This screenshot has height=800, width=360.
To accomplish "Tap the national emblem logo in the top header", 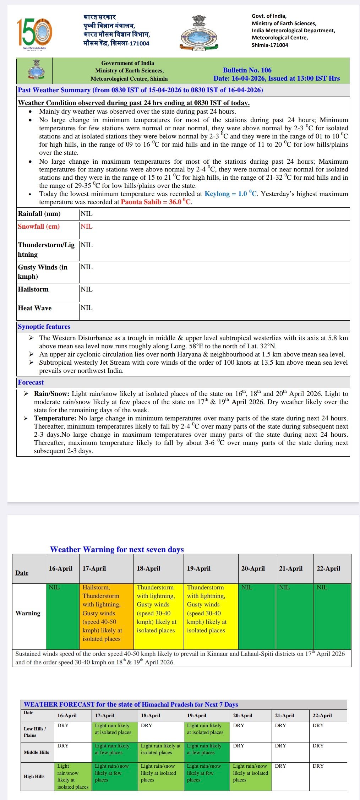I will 199,32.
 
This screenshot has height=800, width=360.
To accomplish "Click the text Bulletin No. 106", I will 247,70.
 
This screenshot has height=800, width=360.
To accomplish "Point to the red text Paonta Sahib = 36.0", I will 156,202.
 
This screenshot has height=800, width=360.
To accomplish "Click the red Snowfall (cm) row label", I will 39,227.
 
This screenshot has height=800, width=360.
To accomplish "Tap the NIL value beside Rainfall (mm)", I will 87,214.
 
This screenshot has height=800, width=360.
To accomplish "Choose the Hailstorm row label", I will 33,289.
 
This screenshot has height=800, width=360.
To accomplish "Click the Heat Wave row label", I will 35,308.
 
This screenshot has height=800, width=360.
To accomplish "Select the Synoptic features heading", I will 44,327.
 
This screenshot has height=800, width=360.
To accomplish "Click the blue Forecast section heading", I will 31,382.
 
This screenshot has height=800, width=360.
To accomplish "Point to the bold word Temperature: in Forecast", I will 55,418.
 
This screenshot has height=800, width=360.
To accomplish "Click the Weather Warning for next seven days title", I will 117,549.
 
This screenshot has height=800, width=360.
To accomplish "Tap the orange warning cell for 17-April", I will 108,616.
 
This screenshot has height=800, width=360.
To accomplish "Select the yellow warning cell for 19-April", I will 211,616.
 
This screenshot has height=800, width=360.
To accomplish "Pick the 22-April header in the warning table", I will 328,568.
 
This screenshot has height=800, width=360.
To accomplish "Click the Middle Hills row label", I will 37,752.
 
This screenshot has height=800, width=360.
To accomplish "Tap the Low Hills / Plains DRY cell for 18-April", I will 160,732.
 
